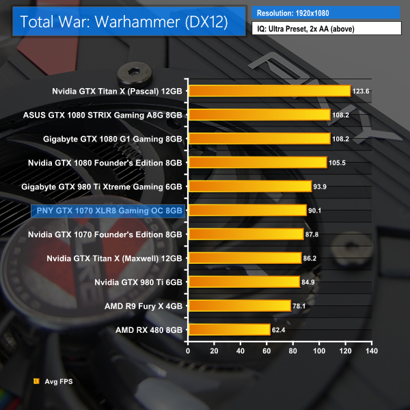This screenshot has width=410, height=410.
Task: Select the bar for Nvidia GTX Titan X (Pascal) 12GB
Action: tap(269, 90)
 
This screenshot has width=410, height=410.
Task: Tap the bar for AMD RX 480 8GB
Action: tap(229, 330)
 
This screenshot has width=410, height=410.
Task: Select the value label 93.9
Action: tap(321, 187)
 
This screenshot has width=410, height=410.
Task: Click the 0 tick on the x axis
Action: tap(188, 351)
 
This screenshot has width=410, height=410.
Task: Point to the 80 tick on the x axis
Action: tap(292, 351)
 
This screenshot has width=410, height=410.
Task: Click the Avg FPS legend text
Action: tap(57, 383)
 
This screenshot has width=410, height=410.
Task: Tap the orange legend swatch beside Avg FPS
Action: tap(36, 383)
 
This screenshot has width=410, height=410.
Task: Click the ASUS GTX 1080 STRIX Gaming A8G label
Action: tap(102, 115)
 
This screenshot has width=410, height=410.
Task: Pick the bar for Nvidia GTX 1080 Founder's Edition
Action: tap(257, 163)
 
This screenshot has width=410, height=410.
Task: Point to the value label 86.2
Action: tap(311, 258)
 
